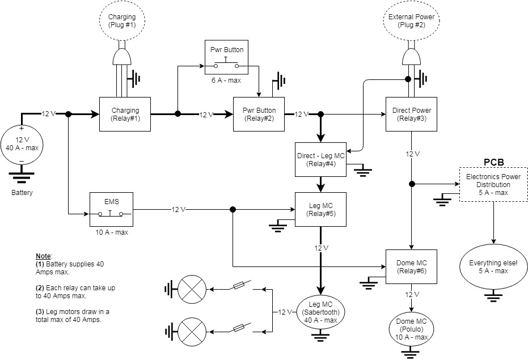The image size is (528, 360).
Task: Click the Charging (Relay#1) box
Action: click(x=125, y=114)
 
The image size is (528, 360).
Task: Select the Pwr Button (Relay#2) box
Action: click(x=259, y=114)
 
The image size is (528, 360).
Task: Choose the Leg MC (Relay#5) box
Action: click(x=320, y=210)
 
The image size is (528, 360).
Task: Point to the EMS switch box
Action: click(x=111, y=209)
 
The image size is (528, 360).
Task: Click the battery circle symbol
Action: click(x=22, y=143)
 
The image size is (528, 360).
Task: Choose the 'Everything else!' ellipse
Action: click(x=493, y=267)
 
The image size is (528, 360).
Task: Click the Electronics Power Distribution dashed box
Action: click(x=493, y=184)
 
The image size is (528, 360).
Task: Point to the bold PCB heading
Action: click(x=493, y=163)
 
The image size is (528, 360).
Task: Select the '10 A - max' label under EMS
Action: click(x=111, y=232)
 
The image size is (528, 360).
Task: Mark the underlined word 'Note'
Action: click(x=43, y=256)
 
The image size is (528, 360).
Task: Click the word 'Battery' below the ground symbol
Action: click(x=22, y=193)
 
